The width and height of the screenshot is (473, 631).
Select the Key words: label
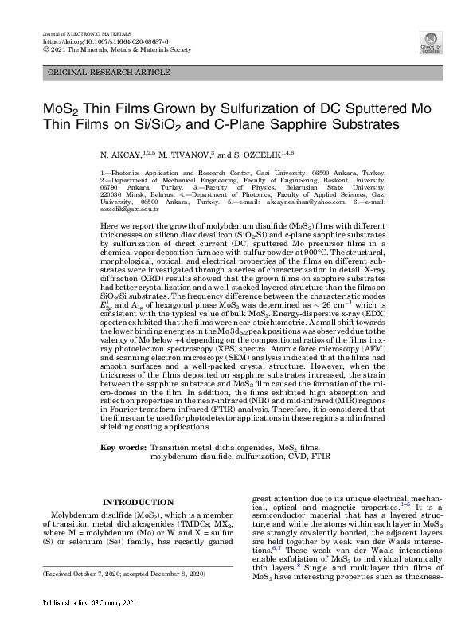[124, 449]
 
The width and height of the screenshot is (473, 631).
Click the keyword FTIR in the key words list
[319, 457]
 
